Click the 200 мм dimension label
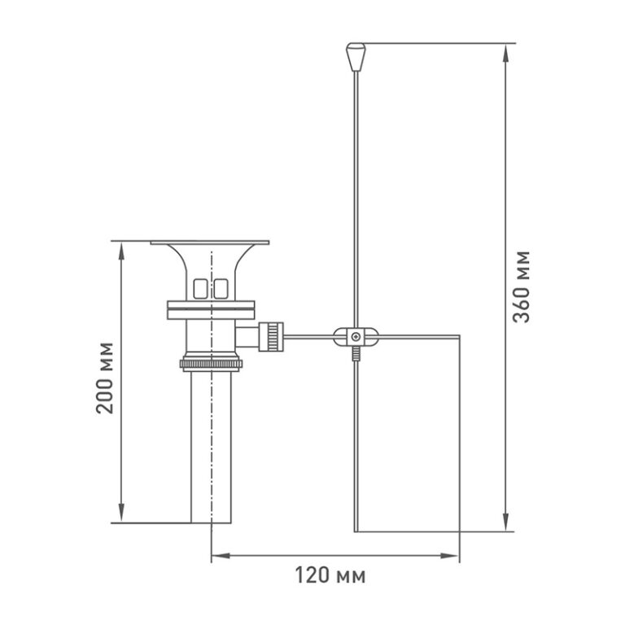pyautogui.click(x=105, y=378)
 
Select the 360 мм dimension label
pyautogui.click(x=522, y=286)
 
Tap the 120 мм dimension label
pyautogui.click(x=330, y=575)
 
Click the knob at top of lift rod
pyautogui.click(x=356, y=57)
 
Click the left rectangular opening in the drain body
pyautogui.click(x=200, y=289)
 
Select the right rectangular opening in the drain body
pyautogui.click(x=221, y=289)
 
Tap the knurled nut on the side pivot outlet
pyautogui.click(x=271, y=337)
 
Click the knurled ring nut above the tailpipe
pyautogui.click(x=211, y=364)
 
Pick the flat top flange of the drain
pyautogui.click(x=210, y=243)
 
